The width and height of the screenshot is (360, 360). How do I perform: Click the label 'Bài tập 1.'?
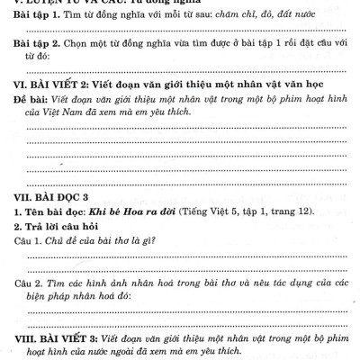coord(43,18)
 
